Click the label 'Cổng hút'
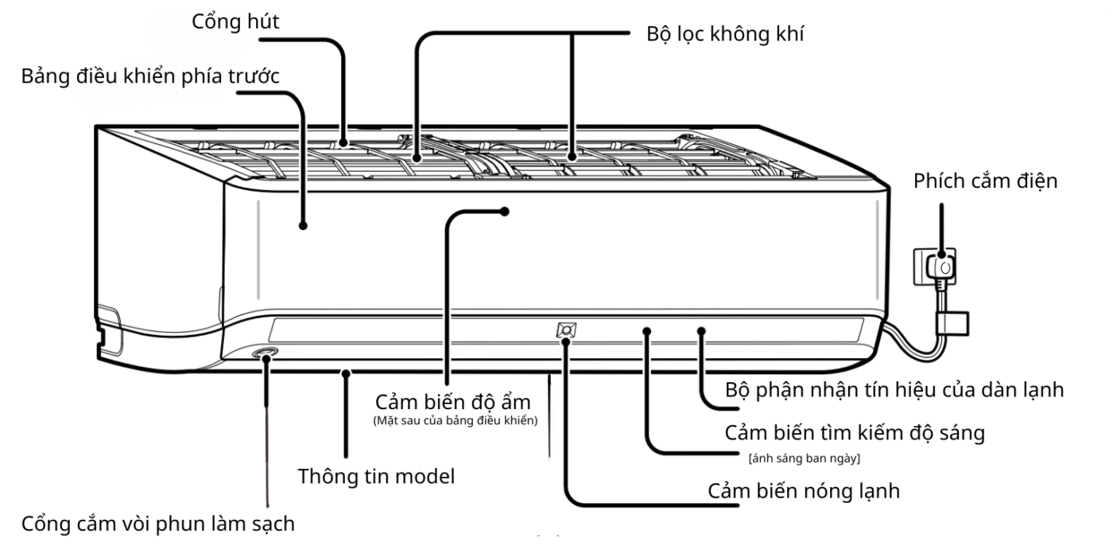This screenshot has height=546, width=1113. pos(235,22)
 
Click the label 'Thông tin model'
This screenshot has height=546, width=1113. pos(375,477)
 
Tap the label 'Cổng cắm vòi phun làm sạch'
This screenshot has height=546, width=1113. pos(157,524)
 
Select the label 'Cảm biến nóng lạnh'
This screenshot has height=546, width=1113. pos(804,490)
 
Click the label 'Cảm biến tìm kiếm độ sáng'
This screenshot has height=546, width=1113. pos(855,434)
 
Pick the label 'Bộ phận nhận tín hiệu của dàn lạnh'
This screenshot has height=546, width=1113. pos(894,390)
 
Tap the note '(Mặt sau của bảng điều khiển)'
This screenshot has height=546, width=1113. pos(456,421)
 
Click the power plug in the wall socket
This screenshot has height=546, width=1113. pos(944,268)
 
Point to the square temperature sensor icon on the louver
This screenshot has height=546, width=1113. pos(566,330)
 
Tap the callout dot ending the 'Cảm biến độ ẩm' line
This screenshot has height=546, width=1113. pos(504,211)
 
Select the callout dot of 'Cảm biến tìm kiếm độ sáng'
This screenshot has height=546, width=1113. pos(648,329)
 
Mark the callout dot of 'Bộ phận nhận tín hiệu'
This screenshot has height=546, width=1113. pos(701,329)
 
